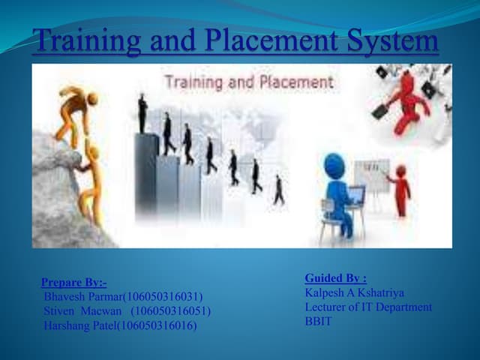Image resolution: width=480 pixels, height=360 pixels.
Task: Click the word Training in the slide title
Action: tap(82, 40)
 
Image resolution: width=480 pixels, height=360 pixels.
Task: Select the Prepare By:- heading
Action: tap(73, 283)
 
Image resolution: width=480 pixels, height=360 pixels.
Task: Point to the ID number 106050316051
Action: tap(171, 311)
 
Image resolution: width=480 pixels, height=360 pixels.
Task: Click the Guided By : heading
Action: tap(335, 278)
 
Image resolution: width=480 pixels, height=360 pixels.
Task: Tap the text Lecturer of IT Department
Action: tap(368, 307)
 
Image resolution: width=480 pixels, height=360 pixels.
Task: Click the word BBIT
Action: tap(319, 321)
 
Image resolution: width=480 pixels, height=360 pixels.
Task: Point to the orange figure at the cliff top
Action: tap(77, 109)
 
